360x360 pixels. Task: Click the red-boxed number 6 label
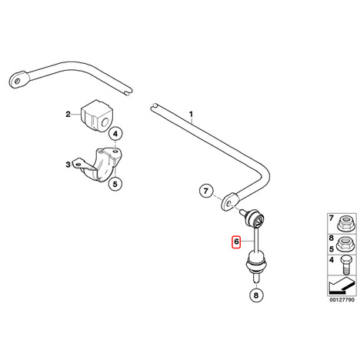[x=236, y=242]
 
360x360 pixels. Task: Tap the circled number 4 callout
[x=115, y=134]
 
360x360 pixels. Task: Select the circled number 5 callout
[x=115, y=184]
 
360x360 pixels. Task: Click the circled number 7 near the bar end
[x=206, y=191]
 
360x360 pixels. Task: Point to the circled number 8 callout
[x=256, y=295]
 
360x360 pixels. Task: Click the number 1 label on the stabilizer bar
[x=191, y=114]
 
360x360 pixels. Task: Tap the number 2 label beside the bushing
[x=68, y=114]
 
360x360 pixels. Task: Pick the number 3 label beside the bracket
[x=68, y=165]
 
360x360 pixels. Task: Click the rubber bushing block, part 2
[x=97, y=116]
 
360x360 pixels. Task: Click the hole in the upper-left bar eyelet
[x=18, y=82]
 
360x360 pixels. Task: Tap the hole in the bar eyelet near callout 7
[x=229, y=204]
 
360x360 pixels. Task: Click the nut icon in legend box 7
[x=345, y=224]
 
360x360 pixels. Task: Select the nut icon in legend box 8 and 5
[x=345, y=245]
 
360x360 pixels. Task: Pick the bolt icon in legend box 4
[x=345, y=265]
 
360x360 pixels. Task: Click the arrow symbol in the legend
[x=342, y=285]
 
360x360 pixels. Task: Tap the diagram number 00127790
[x=342, y=300]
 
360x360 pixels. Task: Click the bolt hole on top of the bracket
[x=115, y=152]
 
